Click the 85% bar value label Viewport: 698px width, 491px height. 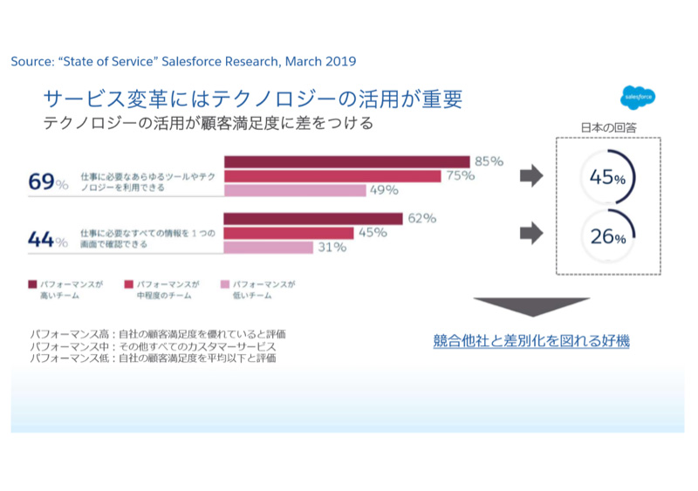[x=489, y=160]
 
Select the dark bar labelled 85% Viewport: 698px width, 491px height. [x=347, y=161]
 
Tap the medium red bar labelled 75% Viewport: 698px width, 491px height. [x=332, y=176]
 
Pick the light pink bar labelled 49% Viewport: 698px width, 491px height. [x=295, y=190]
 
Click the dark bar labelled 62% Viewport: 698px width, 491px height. [x=313, y=218]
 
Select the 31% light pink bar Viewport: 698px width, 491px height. [x=269, y=248]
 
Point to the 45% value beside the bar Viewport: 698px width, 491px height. [x=373, y=233]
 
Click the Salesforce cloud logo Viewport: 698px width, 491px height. [x=638, y=97]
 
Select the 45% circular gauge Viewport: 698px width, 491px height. [x=607, y=178]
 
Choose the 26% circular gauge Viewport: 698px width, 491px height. [x=607, y=236]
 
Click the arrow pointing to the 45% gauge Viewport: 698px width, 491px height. [x=530, y=177]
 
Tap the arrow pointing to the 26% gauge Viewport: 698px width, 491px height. [x=530, y=234]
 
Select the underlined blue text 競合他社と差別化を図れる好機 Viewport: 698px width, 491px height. [x=531, y=341]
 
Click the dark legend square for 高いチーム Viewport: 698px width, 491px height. [x=32, y=284]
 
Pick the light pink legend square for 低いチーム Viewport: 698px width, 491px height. [x=225, y=284]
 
